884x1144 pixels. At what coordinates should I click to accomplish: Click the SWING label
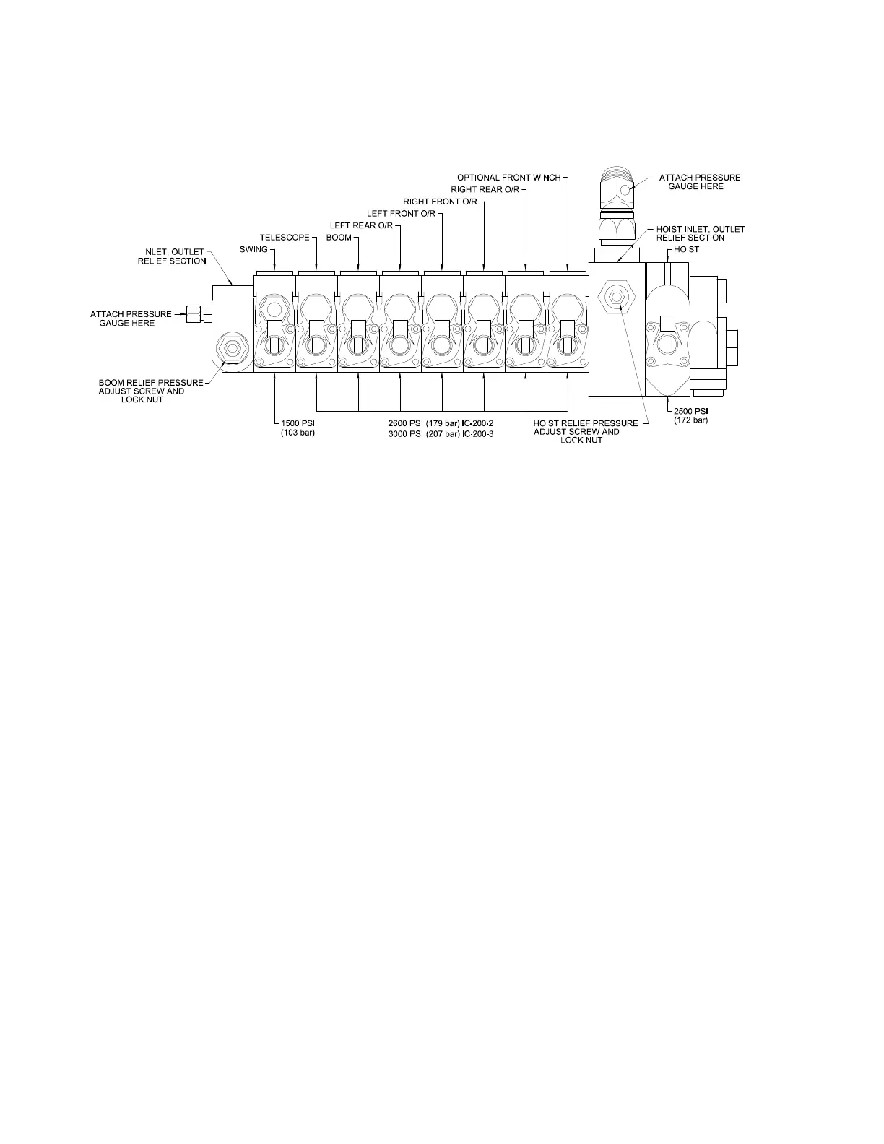click(253, 249)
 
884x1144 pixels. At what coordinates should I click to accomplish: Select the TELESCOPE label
click(285, 238)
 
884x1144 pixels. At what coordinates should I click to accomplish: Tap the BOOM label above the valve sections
click(339, 238)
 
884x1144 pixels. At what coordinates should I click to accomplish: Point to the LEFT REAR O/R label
click(361, 225)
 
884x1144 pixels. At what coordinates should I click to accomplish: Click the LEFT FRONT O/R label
click(401, 213)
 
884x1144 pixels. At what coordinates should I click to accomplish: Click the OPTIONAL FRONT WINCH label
click(509, 178)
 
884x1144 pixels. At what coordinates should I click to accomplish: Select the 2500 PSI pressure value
click(690, 411)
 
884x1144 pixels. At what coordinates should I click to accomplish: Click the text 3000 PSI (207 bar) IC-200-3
click(441, 434)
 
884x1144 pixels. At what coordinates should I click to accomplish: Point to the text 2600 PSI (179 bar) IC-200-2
click(441, 424)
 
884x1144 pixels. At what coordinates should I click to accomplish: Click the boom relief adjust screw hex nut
click(233, 347)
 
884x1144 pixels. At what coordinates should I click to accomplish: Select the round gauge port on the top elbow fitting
click(625, 189)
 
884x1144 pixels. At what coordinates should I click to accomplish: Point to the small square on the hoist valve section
click(668, 323)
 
